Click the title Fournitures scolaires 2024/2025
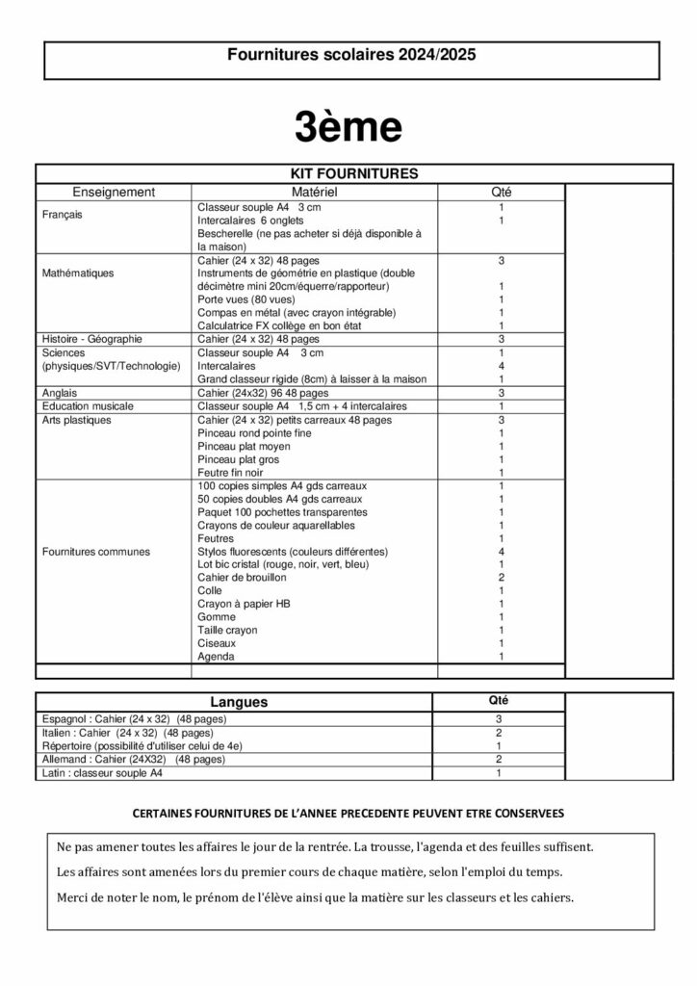pyautogui.click(x=351, y=56)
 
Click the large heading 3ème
pyautogui.click(x=348, y=126)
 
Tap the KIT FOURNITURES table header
pyautogui.click(x=354, y=174)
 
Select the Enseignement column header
pyautogui.click(x=114, y=193)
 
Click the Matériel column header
pyautogui.click(x=315, y=193)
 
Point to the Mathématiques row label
pyautogui.click(x=78, y=273)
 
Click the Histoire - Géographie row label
pyautogui.click(x=92, y=340)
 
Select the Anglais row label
pyautogui.click(x=60, y=393)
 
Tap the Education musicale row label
pyautogui.click(x=88, y=406)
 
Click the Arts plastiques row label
pyautogui.click(x=77, y=420)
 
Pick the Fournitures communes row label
pyautogui.click(x=96, y=552)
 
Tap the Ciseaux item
pyautogui.click(x=217, y=643)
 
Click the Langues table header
pyautogui.click(x=239, y=703)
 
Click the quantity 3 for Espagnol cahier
pyautogui.click(x=499, y=719)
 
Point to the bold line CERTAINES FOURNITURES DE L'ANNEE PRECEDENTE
pyautogui.click(x=348, y=814)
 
